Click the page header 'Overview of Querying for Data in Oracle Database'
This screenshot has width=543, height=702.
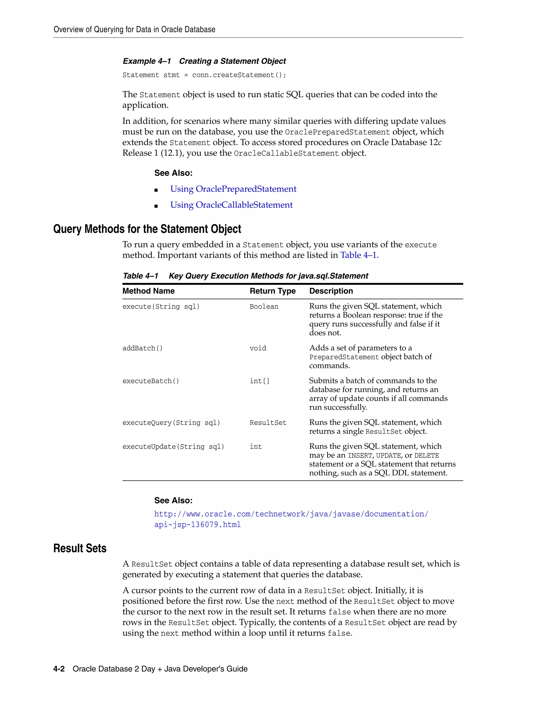pos(134,30)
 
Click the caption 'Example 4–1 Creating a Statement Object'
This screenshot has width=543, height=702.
pos(204,61)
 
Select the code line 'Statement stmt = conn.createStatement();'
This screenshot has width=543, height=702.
pos(204,75)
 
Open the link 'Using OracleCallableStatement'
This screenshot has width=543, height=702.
pos(231,205)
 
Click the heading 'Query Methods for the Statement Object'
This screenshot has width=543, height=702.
pos(147,229)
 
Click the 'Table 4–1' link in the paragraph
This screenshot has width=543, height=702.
pos(358,255)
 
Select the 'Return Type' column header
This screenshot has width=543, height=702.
pos(273,291)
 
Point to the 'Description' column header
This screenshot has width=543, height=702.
pos(331,291)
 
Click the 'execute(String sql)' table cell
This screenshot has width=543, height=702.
pos(161,307)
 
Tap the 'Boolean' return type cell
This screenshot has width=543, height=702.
pos(264,307)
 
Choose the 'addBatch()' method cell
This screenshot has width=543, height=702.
pos(142,348)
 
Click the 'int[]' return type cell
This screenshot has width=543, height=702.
pos(259,381)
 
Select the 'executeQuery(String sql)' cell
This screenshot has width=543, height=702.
pos(171,423)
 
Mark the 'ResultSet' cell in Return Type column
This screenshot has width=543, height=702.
pos(268,423)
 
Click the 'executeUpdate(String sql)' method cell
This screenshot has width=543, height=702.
pos(173,447)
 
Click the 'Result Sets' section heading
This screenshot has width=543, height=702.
pos(80,549)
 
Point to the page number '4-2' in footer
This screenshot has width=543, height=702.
pos(59,669)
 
